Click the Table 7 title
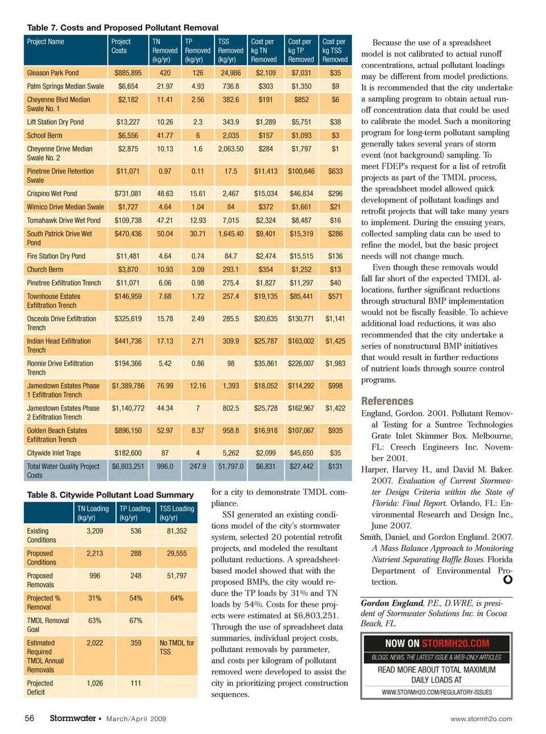click(x=122, y=27)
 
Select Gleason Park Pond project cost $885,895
click(x=128, y=73)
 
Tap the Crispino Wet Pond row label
click(x=52, y=194)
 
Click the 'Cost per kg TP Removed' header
click(x=300, y=50)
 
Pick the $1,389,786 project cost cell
click(x=128, y=386)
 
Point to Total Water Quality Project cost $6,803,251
click(x=128, y=466)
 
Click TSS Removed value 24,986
click(x=231, y=73)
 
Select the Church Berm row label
click(x=45, y=269)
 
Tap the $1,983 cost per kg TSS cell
click(x=335, y=363)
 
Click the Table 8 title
click(x=110, y=495)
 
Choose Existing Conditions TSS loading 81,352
click(x=177, y=531)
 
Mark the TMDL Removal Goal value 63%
click(x=95, y=621)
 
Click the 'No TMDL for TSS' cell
click(x=176, y=647)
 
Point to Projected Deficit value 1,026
click(x=95, y=683)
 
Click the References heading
click(x=387, y=401)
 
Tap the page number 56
click(x=30, y=718)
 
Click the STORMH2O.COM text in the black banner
click(x=456, y=643)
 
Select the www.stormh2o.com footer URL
click(x=481, y=719)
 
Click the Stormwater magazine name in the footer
click(x=73, y=718)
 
